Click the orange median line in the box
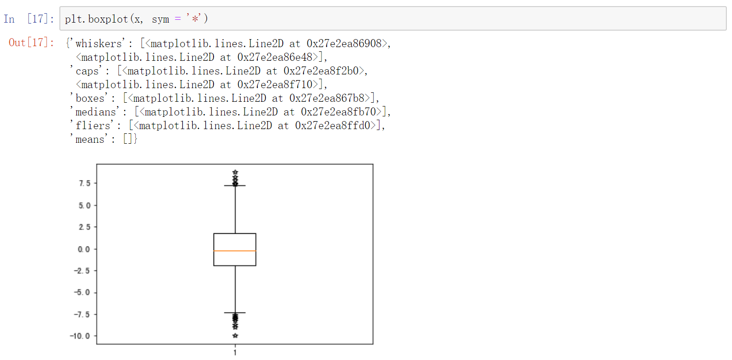235,251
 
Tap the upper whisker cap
235,186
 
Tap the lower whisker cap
235,313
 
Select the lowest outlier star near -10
235,335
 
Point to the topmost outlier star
235,172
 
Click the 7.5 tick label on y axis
85,183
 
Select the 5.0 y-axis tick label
85,205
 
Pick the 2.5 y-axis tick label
85,227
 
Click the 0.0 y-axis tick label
85,249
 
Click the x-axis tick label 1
235,352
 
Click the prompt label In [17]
29,19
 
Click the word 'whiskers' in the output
98,44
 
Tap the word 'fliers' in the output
92,126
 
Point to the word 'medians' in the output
95,112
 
